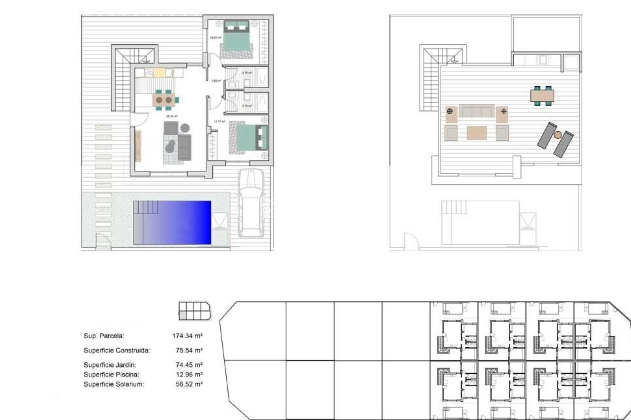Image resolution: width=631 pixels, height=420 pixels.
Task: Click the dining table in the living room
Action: click(164, 100)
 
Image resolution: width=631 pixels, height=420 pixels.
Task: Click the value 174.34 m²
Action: click(187, 336)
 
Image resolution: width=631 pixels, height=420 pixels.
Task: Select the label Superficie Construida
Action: click(116, 350)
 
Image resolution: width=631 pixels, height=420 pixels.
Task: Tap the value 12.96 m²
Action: click(189, 374)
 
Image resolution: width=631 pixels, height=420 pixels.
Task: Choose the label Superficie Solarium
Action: click(114, 384)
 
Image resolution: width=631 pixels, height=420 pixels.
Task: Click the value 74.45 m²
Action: click(189, 365)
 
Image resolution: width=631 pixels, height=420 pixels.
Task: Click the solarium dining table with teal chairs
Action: click(542, 95)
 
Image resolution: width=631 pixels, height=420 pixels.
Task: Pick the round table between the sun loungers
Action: click(557, 135)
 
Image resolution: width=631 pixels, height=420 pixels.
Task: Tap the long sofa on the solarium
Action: click(476, 111)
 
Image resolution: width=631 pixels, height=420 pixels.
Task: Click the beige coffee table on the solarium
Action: click(476, 133)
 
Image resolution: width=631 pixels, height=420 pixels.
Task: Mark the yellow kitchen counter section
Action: click(159, 73)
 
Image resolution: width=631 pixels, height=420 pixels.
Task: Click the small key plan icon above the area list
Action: click(194, 311)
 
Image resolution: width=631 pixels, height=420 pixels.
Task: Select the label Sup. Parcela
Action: click(104, 336)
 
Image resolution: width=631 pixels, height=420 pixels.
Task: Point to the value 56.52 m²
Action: click(189, 384)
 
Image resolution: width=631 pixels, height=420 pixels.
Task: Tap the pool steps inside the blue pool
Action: click(146, 207)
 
